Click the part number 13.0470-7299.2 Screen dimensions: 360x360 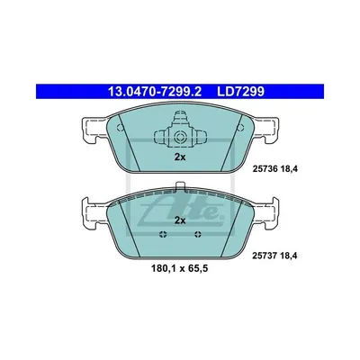(x=155, y=92)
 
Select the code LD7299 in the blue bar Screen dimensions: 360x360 (x=241, y=92)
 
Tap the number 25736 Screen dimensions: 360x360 (x=262, y=169)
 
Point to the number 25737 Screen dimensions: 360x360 (x=262, y=256)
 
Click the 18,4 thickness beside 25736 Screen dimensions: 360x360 (x=289, y=169)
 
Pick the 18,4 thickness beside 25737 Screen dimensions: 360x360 (x=289, y=256)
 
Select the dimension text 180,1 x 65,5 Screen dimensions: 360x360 (x=180, y=269)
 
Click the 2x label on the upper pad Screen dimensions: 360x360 (x=180, y=157)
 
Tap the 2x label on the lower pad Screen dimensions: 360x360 (x=180, y=220)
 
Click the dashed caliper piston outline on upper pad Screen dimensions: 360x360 (x=180, y=130)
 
